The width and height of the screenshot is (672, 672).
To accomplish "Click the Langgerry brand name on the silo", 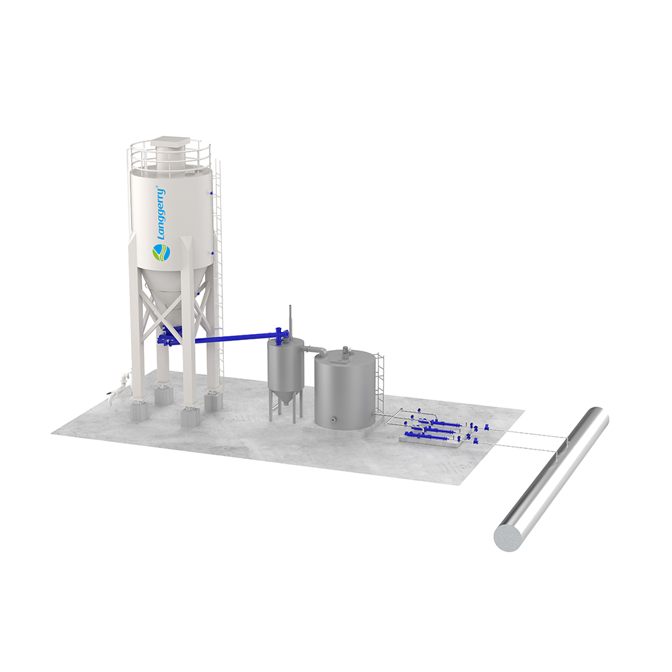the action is click(161, 213).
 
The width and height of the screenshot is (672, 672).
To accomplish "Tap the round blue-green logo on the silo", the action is click(161, 252).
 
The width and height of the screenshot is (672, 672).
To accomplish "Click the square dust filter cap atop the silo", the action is click(170, 141).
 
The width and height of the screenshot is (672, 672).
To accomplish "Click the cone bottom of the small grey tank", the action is click(286, 396).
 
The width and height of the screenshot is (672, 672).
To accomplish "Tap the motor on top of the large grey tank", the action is click(345, 352).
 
